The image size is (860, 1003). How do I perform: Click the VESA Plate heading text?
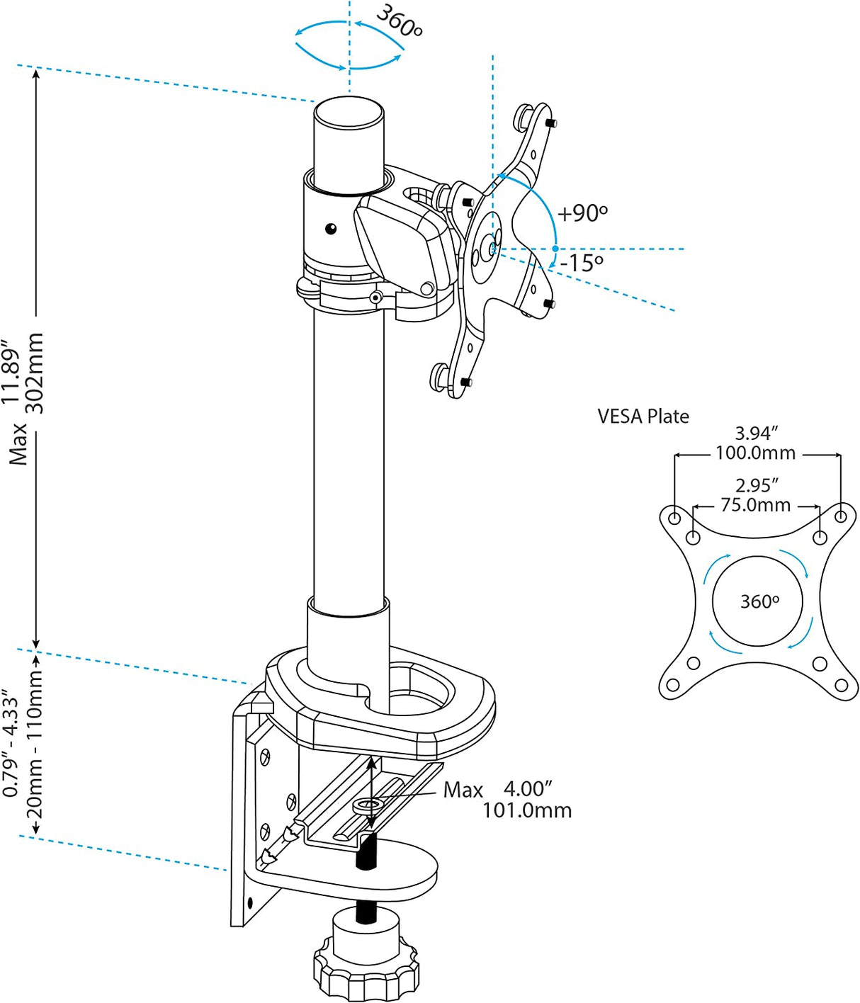click(x=643, y=416)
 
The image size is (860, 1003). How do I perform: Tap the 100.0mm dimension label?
click(x=755, y=453)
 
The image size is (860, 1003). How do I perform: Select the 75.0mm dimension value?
click(x=755, y=505)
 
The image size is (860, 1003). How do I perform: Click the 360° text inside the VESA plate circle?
click(x=759, y=602)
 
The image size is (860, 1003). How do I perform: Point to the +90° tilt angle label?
click(x=582, y=213)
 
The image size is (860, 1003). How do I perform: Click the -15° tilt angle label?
click(x=582, y=263)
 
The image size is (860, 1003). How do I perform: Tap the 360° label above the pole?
click(x=400, y=21)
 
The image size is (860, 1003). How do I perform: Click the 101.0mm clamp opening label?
click(x=527, y=810)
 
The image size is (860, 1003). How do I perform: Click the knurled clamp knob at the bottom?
click(x=366, y=967)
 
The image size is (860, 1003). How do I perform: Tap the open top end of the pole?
click(x=349, y=113)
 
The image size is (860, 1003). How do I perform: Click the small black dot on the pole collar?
click(x=331, y=228)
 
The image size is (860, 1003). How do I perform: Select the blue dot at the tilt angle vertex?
click(x=555, y=249)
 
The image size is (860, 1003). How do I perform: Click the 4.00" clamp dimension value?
click(x=528, y=788)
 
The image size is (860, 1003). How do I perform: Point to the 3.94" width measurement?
click(x=757, y=433)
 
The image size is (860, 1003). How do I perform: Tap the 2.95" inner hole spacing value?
click(x=757, y=486)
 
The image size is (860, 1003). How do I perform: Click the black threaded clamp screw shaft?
click(x=366, y=854)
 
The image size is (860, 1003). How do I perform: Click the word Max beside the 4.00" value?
click(x=463, y=790)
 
